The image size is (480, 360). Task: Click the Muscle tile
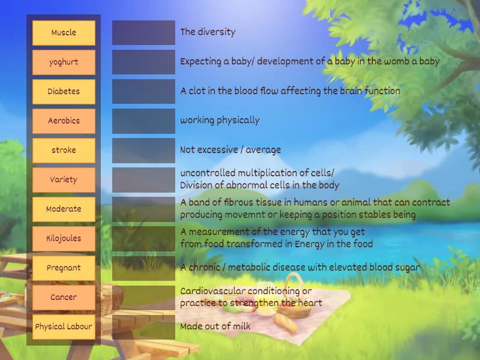tap(64, 32)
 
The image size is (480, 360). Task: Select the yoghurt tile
tap(64, 62)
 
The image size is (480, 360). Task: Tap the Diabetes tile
tap(64, 91)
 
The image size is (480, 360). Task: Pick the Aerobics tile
tap(64, 121)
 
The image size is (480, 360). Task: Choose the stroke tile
tap(64, 150)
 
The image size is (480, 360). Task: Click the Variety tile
tap(64, 179)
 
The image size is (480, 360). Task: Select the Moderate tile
tap(64, 209)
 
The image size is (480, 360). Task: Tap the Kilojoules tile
tap(64, 238)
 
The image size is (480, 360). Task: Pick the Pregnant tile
tap(64, 268)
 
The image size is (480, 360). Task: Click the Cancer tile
tap(64, 297)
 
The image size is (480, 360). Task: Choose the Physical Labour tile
tap(64, 326)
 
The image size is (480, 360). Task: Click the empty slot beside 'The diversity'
tap(143, 32)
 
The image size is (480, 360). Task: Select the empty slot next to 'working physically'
tap(143, 121)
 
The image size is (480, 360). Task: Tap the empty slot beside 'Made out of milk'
tap(143, 326)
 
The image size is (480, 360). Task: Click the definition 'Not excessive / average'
tap(230, 150)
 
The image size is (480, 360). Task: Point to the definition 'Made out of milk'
tap(215, 326)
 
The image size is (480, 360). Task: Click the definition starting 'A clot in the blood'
tap(290, 91)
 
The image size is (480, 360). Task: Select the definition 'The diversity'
tap(208, 32)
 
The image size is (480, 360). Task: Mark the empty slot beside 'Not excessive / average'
tap(143, 150)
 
